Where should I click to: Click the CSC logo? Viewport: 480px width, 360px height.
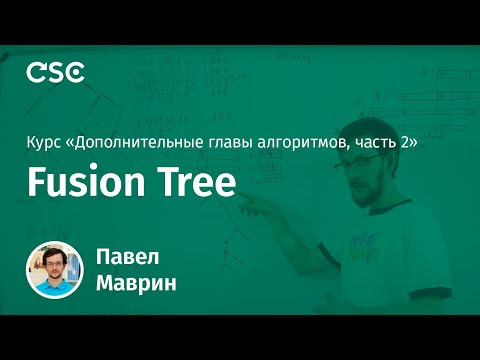(x=55, y=73)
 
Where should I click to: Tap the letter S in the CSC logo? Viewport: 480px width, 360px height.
(x=55, y=73)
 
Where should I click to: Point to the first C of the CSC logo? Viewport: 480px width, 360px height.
(x=35, y=73)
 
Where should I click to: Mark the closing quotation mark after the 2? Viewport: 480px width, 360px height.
(x=411, y=144)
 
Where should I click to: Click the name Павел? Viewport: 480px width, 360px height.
(x=125, y=254)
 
